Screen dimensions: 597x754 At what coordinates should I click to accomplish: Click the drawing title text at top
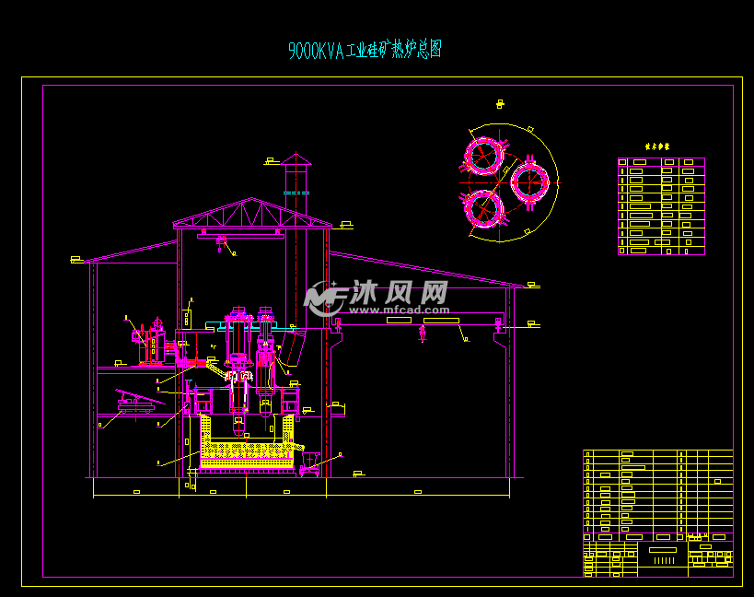[x=365, y=51]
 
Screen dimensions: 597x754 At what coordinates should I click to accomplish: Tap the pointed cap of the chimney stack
[x=296, y=159]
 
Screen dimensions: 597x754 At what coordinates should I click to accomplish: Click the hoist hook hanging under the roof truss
[x=221, y=244]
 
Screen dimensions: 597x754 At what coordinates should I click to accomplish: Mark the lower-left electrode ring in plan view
[x=484, y=207]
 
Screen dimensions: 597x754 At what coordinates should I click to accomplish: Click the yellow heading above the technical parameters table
[x=657, y=146]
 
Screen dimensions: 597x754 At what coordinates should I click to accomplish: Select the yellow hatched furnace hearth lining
[x=248, y=451]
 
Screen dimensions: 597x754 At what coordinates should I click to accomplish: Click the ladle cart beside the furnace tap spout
[x=309, y=462]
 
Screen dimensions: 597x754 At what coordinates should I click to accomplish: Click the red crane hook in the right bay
[x=423, y=331]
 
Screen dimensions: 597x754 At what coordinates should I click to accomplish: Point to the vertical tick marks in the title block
[x=663, y=560]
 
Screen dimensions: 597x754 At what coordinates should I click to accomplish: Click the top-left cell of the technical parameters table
[x=622, y=162]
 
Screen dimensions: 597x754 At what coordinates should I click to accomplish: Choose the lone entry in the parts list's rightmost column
[x=717, y=481]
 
